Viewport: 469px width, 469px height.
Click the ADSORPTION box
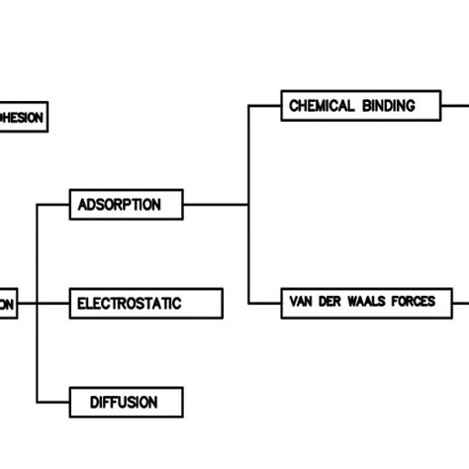tap(128, 205)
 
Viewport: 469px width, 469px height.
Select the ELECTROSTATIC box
tap(146, 304)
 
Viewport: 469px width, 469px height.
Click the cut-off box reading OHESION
tap(22, 117)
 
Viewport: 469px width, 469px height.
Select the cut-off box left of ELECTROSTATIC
tap(8, 304)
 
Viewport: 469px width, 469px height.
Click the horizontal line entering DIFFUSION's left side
tap(53, 402)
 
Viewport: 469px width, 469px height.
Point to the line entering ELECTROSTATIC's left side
tap(53, 304)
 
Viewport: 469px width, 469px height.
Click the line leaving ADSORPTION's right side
tap(218, 205)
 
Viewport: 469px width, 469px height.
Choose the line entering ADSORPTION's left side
tap(53, 205)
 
